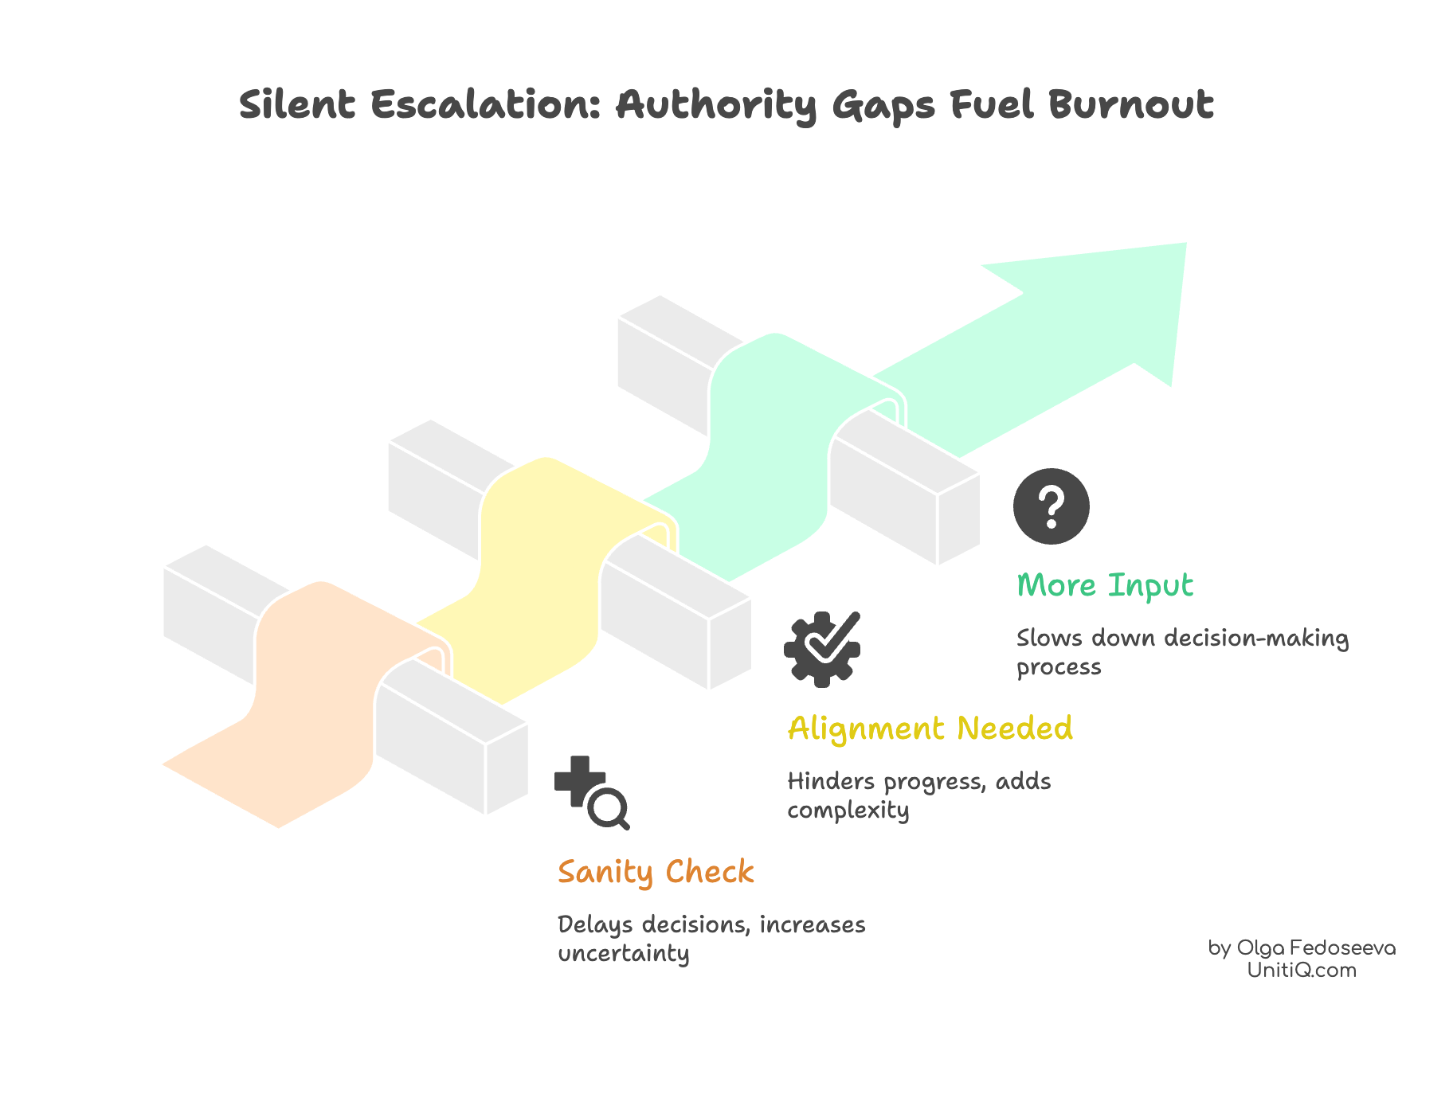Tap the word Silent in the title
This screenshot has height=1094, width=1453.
click(x=297, y=105)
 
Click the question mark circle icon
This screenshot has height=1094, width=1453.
click(x=1051, y=506)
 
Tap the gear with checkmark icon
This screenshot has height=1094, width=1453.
click(x=822, y=649)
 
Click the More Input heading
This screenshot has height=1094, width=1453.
click(x=1105, y=586)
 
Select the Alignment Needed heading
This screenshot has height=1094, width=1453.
click(x=930, y=729)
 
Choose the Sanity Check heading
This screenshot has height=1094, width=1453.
click(x=656, y=873)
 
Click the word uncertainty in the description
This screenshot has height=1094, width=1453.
click(x=623, y=954)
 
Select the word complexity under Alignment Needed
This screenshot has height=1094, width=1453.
click(x=848, y=811)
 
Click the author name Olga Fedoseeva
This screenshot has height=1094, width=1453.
click(x=1315, y=948)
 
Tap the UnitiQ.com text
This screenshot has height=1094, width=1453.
click(x=1302, y=971)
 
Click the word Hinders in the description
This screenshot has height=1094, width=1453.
click(x=831, y=782)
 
